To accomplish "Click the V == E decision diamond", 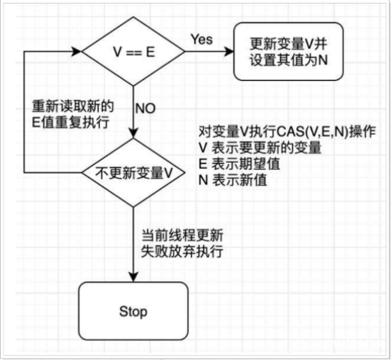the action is (133, 52).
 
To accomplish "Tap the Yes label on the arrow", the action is (202, 39).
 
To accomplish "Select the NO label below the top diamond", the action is (145, 108).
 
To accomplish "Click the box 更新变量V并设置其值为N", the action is (288, 52).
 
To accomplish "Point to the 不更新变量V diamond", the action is (133, 173).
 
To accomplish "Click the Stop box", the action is (133, 311).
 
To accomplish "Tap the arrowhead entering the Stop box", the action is (133, 277).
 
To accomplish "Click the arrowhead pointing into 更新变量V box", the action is (228, 52).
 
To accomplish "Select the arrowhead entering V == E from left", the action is (77, 52).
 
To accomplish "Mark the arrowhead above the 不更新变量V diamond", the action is (133, 133).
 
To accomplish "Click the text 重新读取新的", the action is (73, 106).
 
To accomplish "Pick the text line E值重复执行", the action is (71, 122).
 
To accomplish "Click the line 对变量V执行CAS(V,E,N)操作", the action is (287, 131).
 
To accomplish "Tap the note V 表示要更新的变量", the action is (260, 147).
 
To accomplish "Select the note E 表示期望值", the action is (239, 164).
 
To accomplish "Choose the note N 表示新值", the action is (233, 180).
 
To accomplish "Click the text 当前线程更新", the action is (182, 236).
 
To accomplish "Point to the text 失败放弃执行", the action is (182, 252).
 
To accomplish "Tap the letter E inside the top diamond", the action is (150, 52).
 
